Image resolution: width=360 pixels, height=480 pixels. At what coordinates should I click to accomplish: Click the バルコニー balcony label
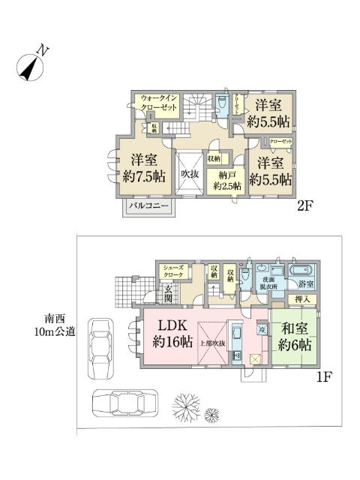point(148,204)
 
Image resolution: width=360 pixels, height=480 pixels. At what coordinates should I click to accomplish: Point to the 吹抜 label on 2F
point(190,173)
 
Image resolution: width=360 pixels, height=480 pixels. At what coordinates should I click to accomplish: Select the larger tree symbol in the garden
point(186,405)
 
